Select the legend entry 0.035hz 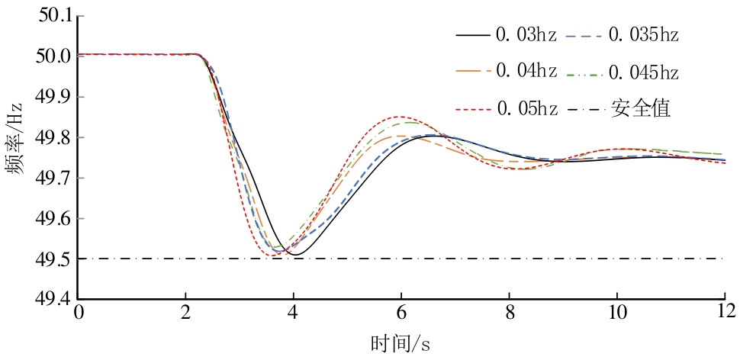(640, 35)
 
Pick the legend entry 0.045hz (640, 73)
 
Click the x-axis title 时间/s (401, 343)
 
